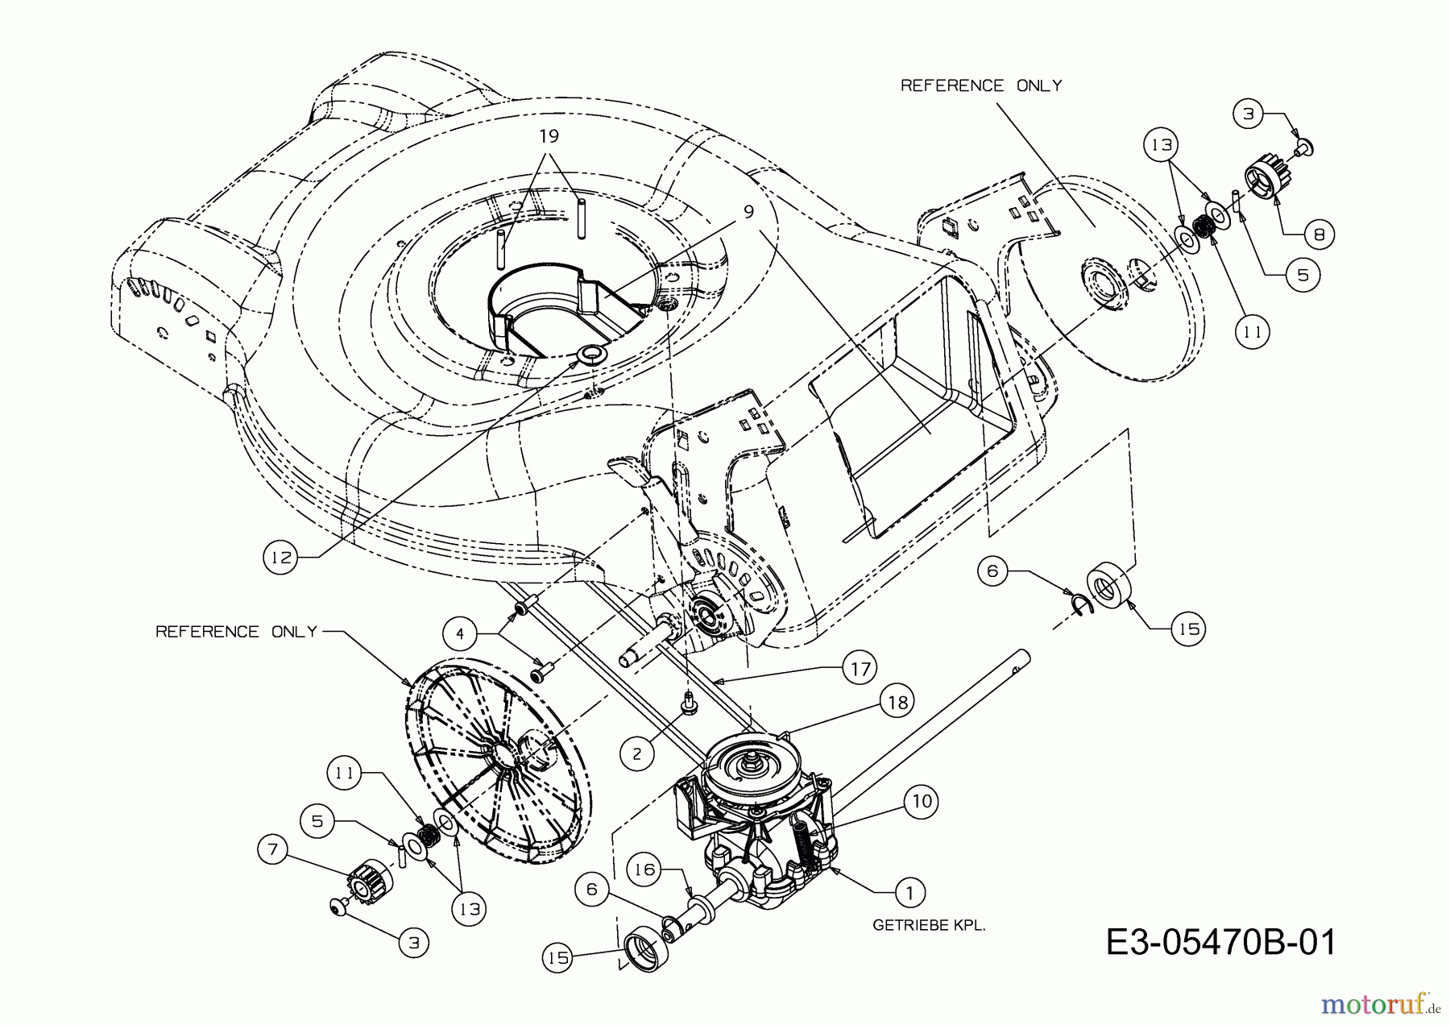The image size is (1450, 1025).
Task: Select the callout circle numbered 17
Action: (x=860, y=668)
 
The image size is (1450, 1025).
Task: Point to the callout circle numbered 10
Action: (x=922, y=801)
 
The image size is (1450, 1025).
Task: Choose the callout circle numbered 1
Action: (x=910, y=892)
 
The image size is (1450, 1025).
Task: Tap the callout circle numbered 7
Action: (x=275, y=850)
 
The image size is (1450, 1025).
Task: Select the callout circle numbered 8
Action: (x=1318, y=234)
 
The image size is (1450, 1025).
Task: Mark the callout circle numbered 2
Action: (x=637, y=753)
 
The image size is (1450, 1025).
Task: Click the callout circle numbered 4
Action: (x=460, y=634)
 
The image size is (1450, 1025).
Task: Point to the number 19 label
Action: (x=549, y=135)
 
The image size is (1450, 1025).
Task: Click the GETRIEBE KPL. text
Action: (x=929, y=926)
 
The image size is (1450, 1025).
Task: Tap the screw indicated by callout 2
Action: (x=689, y=704)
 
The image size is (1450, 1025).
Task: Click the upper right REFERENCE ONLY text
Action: (x=980, y=85)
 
